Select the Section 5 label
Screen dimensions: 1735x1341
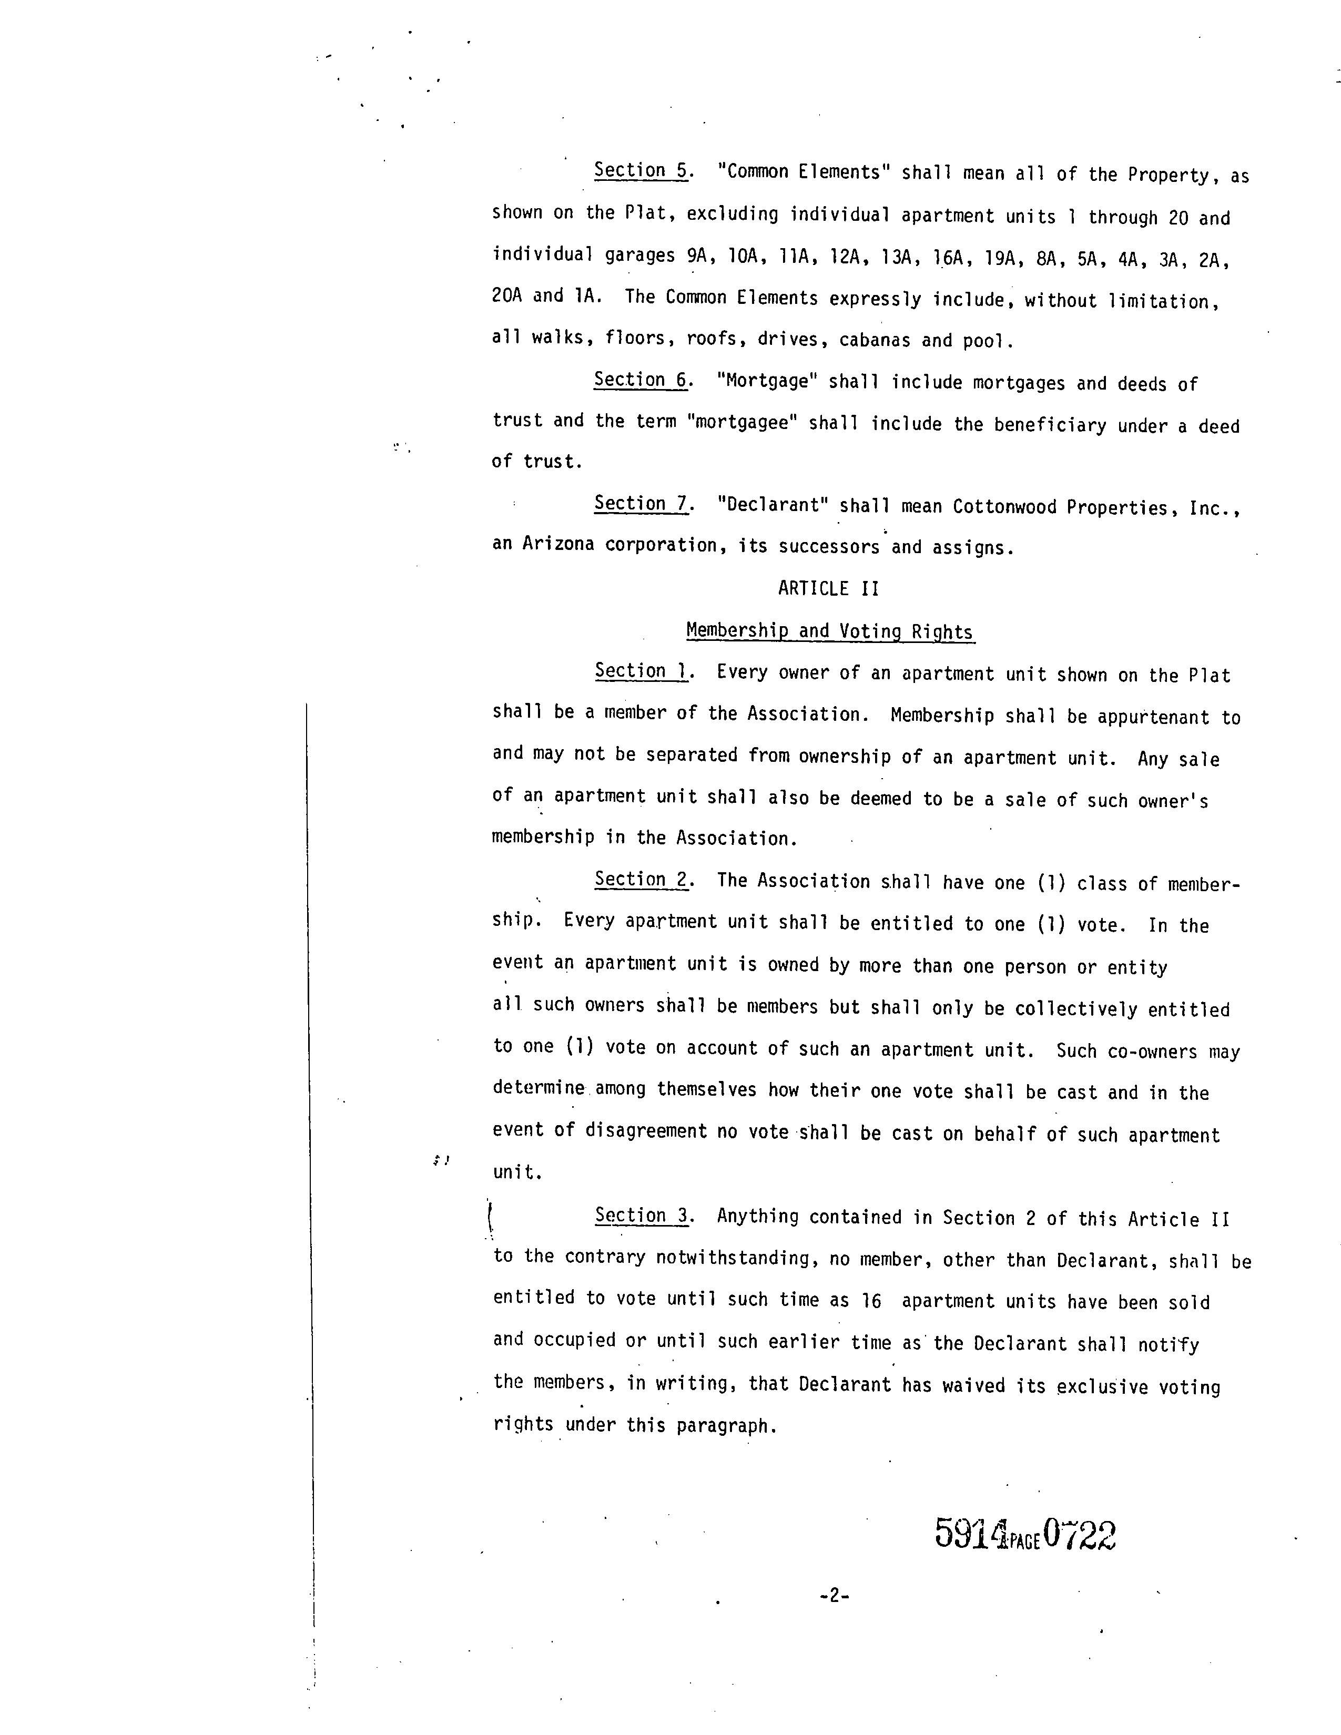pos(641,171)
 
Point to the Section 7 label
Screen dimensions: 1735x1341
pos(641,504)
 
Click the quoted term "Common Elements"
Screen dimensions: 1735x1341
pos(802,172)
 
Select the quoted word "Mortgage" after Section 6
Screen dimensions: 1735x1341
pos(767,381)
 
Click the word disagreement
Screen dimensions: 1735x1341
pos(646,1130)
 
